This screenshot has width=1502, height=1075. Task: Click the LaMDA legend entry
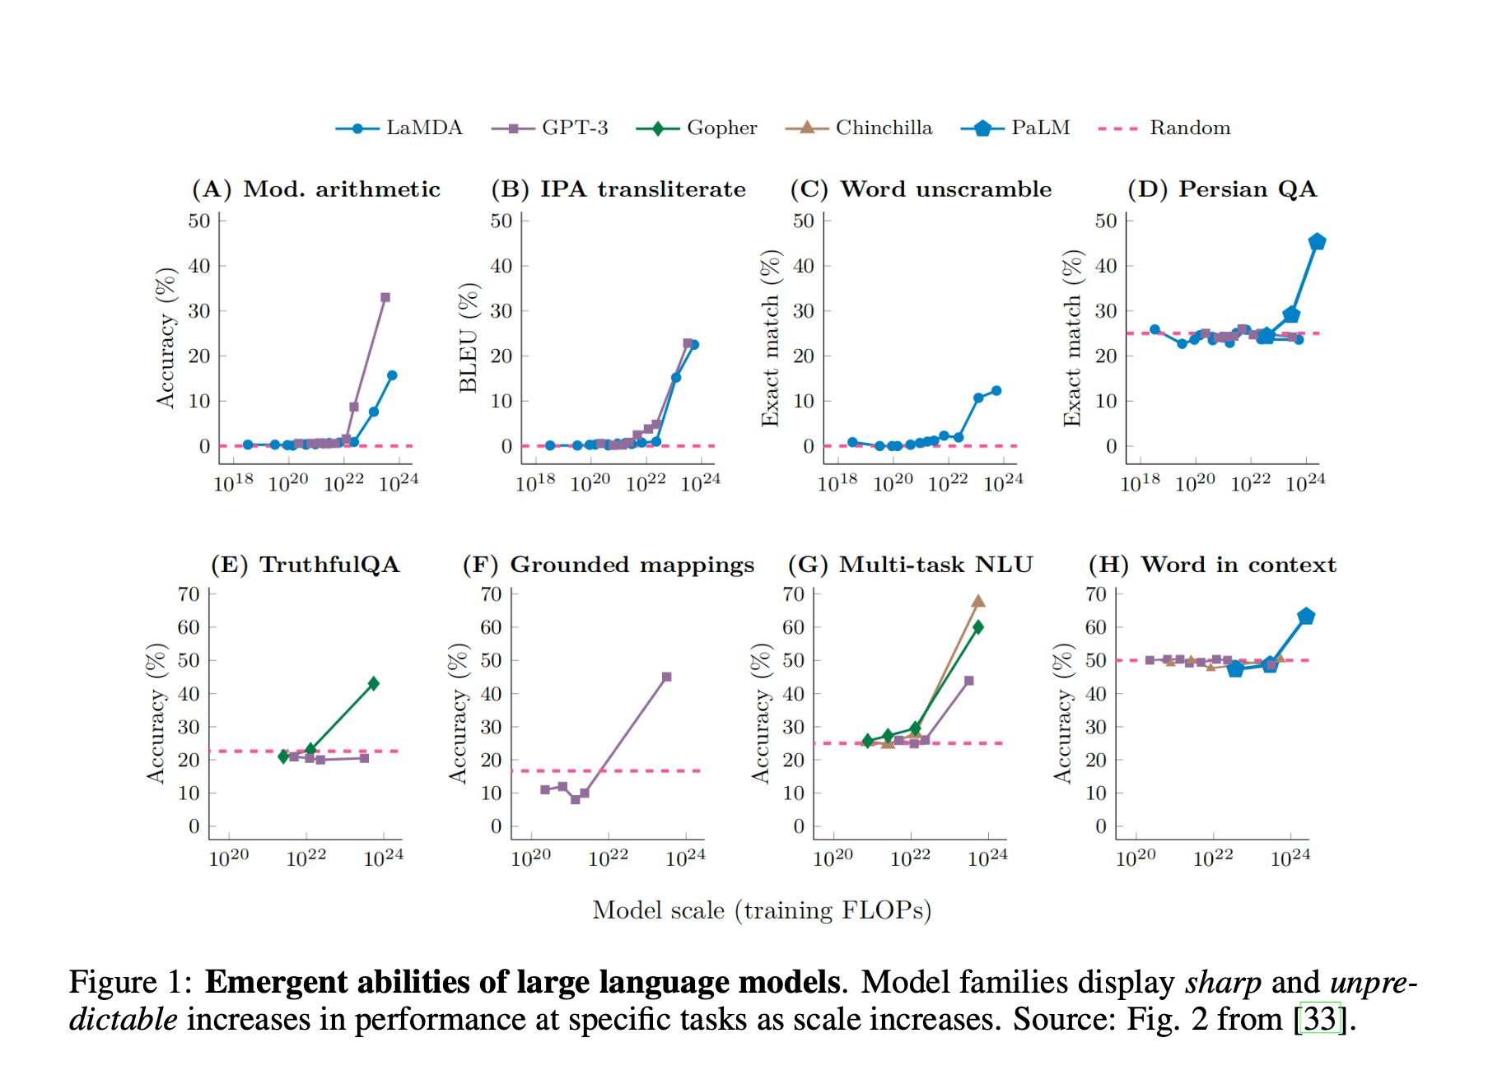[399, 128]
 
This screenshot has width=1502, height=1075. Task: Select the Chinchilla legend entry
[860, 128]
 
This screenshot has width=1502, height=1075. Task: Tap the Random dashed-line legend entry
[1165, 128]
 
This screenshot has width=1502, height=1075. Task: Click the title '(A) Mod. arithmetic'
[316, 189]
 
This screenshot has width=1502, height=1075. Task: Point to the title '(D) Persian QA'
[1222, 189]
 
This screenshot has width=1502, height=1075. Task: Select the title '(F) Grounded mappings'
[608, 565]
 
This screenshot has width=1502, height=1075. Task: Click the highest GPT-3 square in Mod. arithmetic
[385, 297]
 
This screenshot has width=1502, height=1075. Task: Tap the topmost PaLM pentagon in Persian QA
[1316, 242]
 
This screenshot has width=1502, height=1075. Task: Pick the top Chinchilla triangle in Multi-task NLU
[977, 601]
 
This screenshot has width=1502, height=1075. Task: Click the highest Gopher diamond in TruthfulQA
[373, 683]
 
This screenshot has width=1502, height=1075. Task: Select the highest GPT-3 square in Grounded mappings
[666, 677]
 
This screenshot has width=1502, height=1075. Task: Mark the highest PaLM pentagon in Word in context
[1305, 617]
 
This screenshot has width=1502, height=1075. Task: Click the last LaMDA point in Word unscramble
[996, 391]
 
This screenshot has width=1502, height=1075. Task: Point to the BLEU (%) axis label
[468, 337]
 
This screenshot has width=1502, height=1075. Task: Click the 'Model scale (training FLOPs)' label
[762, 910]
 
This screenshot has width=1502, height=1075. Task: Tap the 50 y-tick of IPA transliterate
[501, 221]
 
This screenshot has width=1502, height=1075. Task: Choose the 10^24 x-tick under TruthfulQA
[383, 858]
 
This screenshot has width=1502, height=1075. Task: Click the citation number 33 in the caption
[1320, 1019]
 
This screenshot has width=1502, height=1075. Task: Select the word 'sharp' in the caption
[1223, 982]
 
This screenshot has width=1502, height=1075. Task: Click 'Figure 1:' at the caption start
[130, 982]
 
